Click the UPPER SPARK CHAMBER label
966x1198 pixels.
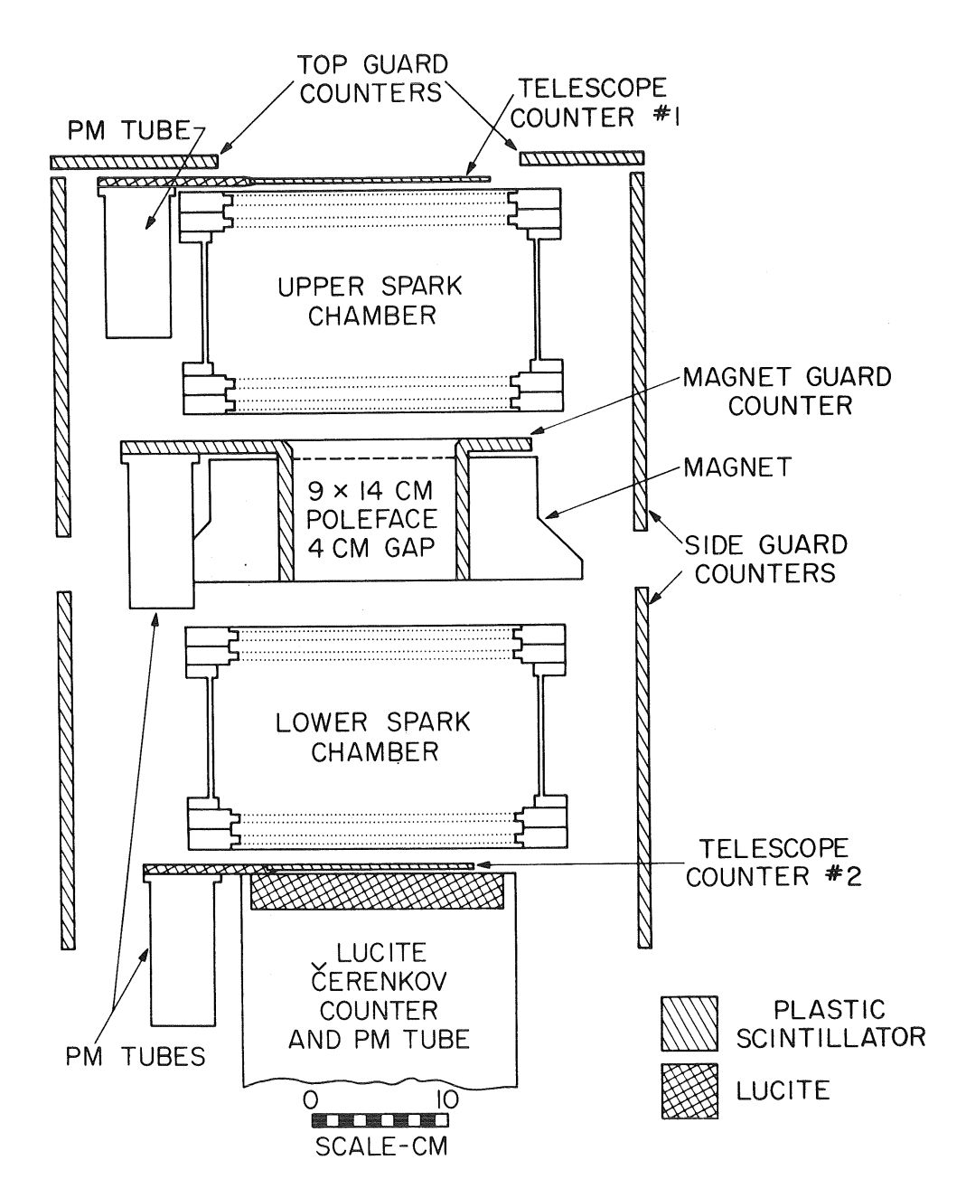(x=370, y=300)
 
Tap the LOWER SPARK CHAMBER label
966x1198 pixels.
(x=371, y=737)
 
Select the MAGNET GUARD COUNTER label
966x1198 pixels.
(x=774, y=390)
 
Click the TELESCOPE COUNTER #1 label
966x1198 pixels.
(x=592, y=102)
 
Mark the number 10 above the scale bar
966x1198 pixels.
(x=448, y=1099)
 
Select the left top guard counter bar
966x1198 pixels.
(x=134, y=161)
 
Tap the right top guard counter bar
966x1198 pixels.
(x=581, y=158)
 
